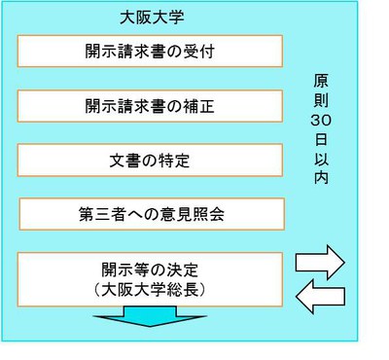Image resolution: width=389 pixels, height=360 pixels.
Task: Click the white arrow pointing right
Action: point(320,262)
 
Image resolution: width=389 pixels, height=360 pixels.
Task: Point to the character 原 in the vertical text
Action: point(322,81)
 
